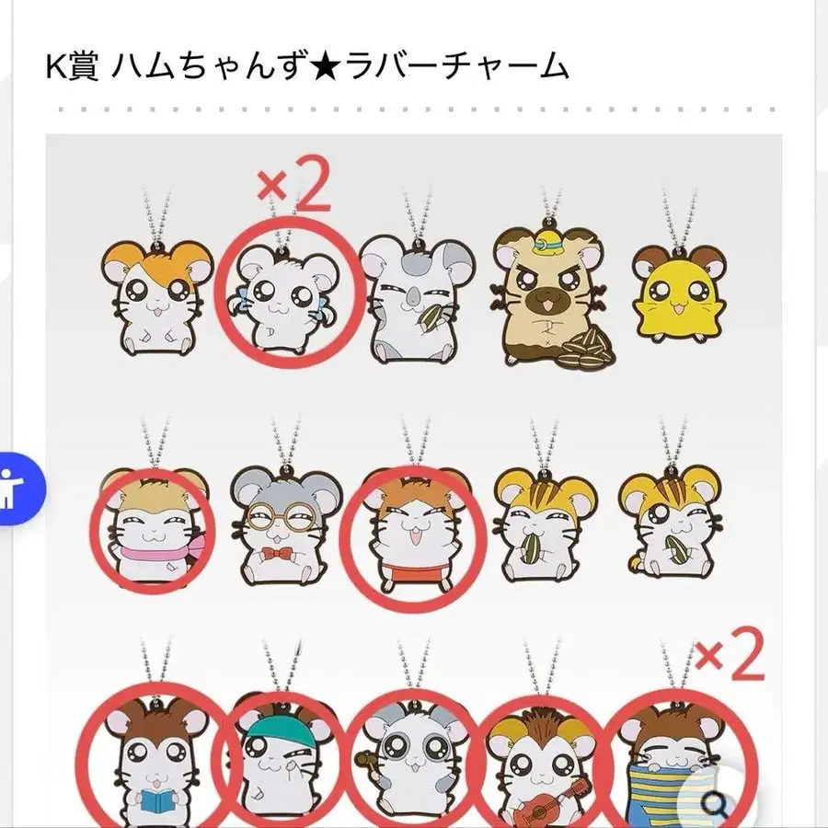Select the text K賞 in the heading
(72, 67)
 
